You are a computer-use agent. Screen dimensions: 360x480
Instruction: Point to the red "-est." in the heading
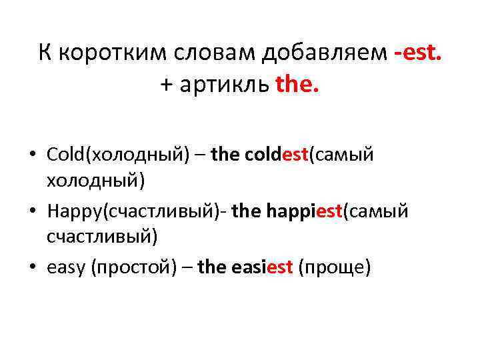[x=418, y=52]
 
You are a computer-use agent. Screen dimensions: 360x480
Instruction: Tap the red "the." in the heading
[x=297, y=85]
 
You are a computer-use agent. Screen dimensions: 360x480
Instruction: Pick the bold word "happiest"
[x=304, y=211]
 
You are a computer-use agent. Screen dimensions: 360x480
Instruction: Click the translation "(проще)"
[x=334, y=267]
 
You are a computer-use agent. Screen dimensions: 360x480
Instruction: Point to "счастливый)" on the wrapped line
[x=102, y=236]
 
